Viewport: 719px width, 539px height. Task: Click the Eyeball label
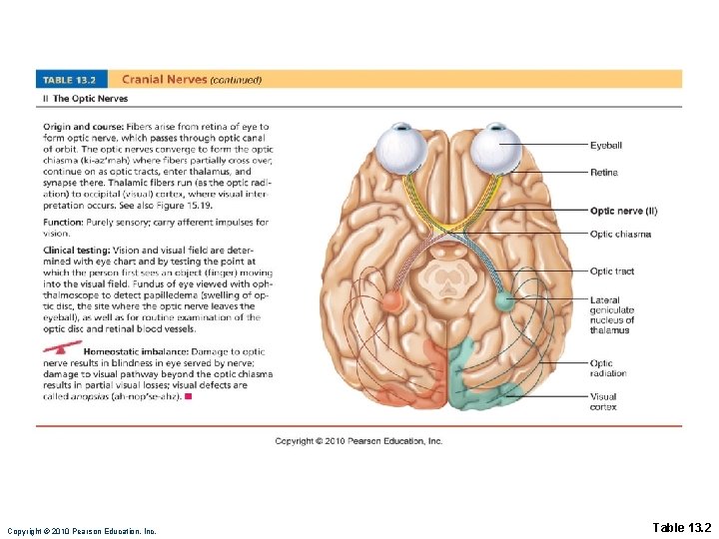click(x=605, y=146)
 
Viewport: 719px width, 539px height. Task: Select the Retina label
click(x=603, y=173)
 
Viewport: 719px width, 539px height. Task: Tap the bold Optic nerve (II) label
click(x=623, y=211)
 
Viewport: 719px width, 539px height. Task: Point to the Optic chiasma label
click(x=620, y=234)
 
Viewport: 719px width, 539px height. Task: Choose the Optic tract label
click(x=611, y=270)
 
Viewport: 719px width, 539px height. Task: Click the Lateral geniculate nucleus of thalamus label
click(x=611, y=314)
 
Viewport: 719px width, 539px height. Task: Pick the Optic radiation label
click(x=608, y=368)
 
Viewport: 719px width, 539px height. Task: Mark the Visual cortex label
click(x=603, y=401)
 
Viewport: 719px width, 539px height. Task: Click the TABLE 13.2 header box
click(x=74, y=80)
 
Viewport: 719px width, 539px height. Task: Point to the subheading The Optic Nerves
click(x=88, y=99)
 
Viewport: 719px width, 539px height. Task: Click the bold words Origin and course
click(x=83, y=127)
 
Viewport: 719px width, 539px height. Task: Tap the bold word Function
click(x=63, y=223)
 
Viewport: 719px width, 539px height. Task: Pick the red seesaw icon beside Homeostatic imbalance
click(x=62, y=348)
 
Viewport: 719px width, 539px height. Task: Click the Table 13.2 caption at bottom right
click(x=681, y=527)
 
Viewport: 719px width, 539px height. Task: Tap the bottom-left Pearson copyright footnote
click(x=81, y=531)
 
